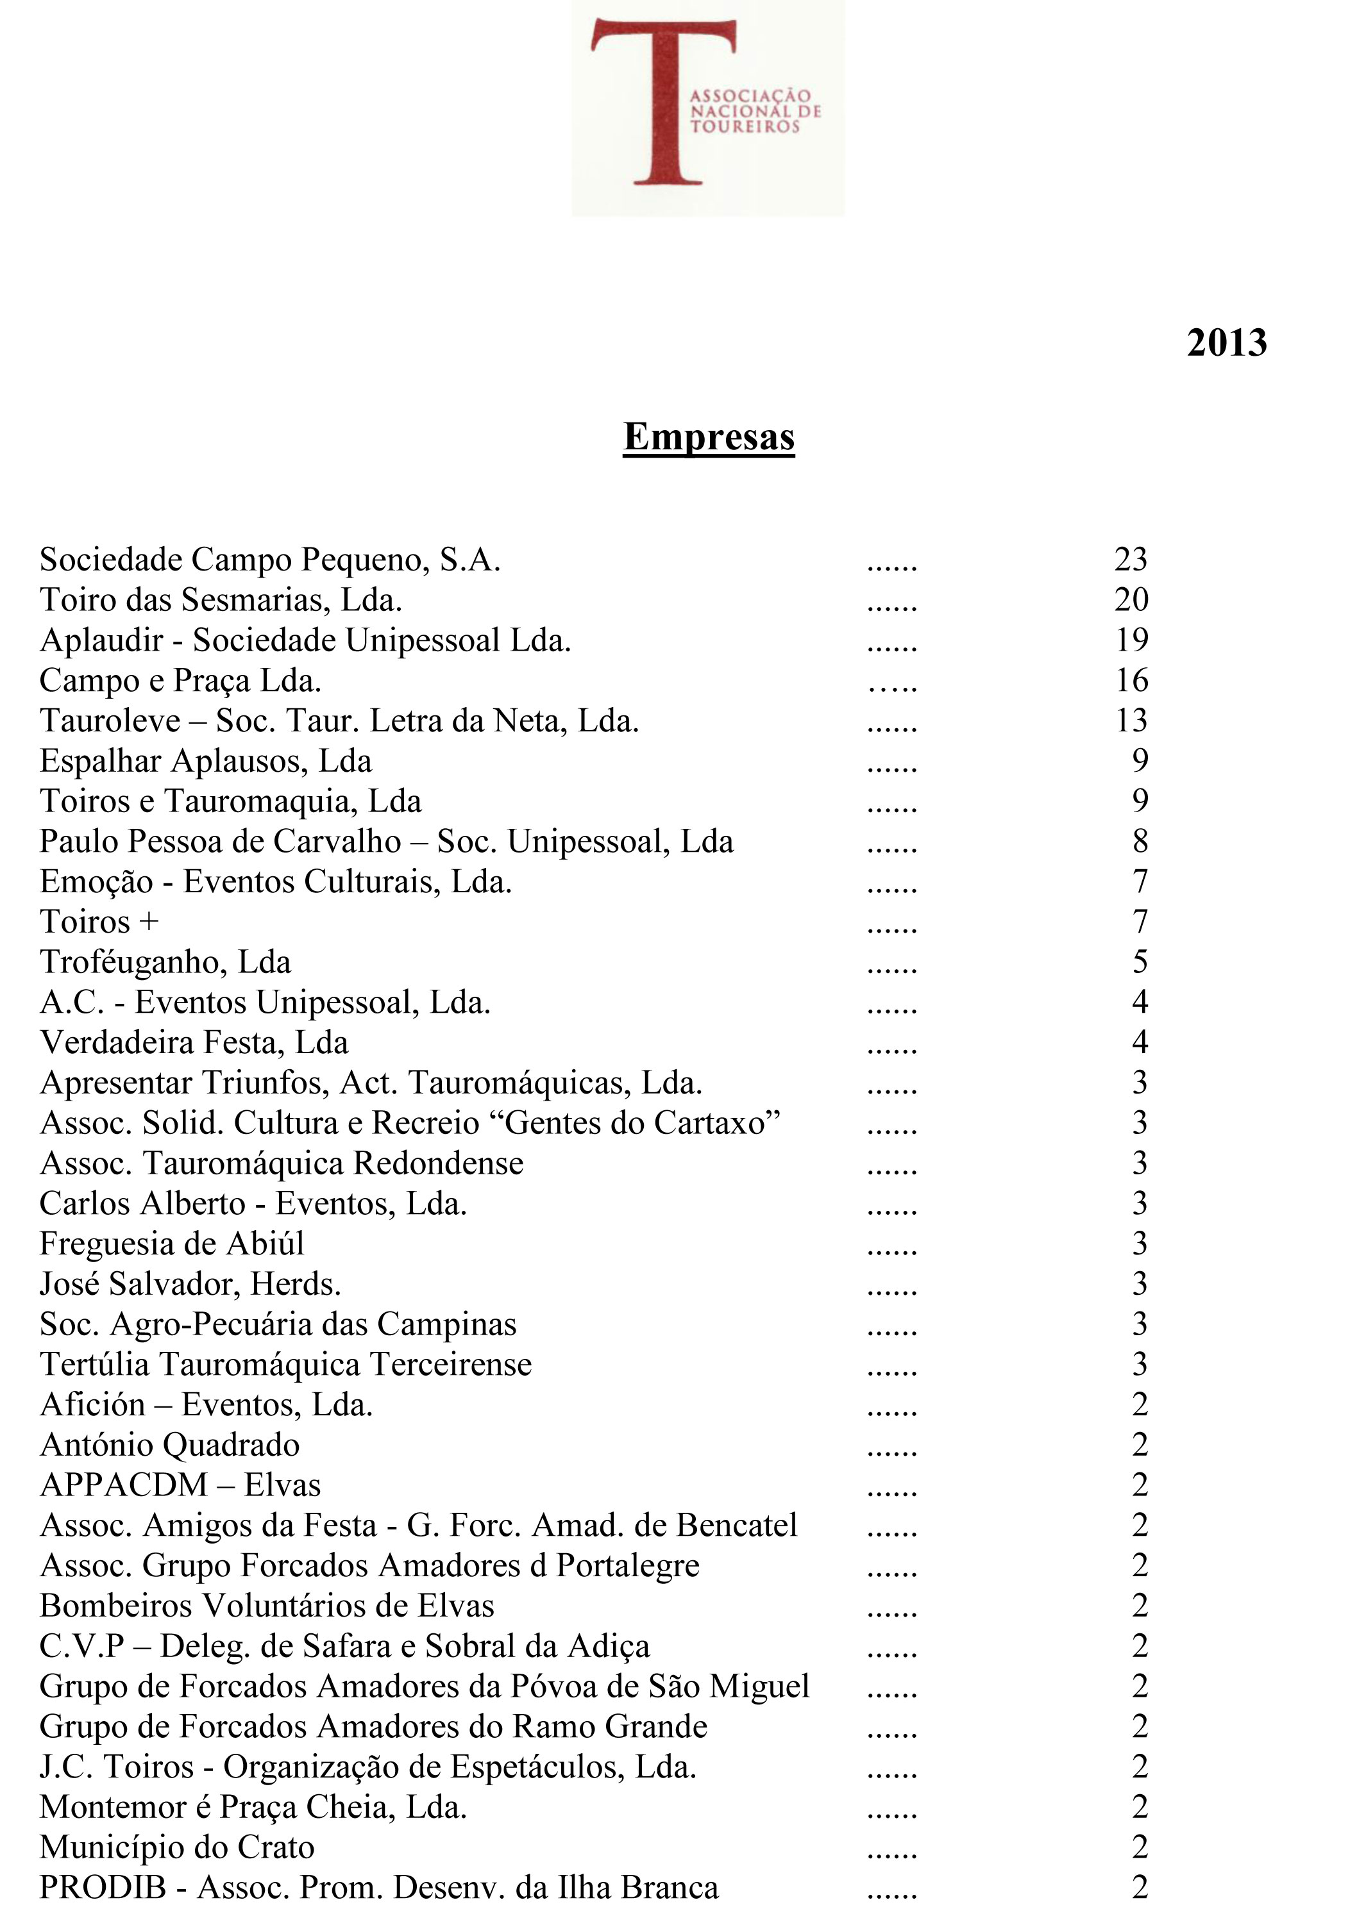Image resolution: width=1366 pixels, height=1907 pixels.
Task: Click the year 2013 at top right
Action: (1226, 343)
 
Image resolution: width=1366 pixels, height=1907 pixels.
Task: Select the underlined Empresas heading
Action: (708, 437)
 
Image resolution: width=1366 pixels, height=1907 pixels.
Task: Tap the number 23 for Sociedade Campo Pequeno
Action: (1131, 559)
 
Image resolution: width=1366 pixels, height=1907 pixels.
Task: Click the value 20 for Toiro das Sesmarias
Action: (1131, 599)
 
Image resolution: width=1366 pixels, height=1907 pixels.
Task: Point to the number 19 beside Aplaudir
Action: (1131, 640)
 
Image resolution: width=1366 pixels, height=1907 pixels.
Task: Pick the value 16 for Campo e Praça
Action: (1131, 680)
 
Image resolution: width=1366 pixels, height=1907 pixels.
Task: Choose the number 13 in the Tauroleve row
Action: (1131, 720)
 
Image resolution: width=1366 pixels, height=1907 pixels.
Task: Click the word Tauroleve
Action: (110, 720)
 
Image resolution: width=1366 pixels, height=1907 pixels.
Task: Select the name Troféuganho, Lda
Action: (165, 963)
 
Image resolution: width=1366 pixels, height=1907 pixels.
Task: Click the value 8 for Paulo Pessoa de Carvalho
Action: (1140, 842)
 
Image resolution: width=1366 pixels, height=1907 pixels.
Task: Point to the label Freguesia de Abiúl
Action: (172, 1244)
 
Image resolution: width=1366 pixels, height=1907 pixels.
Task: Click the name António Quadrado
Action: (169, 1445)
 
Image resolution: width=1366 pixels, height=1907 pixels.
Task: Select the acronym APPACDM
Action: (124, 1486)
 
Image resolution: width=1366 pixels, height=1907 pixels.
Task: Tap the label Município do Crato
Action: (176, 1848)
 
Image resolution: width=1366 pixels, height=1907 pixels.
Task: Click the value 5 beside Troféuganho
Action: (1140, 963)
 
